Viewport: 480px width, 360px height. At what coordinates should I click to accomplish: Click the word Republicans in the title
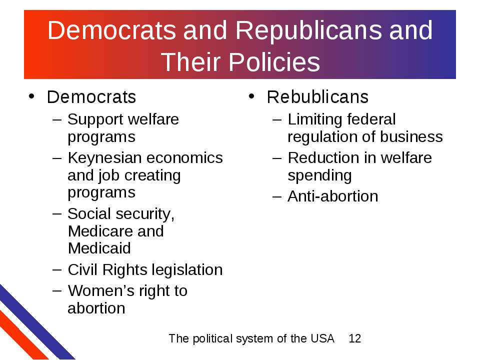click(x=308, y=31)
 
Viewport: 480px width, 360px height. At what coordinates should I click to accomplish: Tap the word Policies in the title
click(x=274, y=62)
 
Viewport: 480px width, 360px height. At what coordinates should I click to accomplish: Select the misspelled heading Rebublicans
click(x=317, y=97)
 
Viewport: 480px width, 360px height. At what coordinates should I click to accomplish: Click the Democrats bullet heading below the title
click(x=91, y=97)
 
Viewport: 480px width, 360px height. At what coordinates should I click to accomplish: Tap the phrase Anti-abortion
click(x=333, y=196)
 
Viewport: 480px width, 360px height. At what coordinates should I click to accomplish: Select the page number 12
click(x=355, y=338)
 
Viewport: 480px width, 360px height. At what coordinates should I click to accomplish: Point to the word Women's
click(x=101, y=290)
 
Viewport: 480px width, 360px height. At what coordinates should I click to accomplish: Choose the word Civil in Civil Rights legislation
click(x=82, y=269)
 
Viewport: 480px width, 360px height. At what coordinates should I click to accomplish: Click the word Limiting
click(x=314, y=120)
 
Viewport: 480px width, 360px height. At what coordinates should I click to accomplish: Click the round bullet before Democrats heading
click(x=31, y=96)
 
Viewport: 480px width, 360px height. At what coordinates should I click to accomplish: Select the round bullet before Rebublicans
click(x=251, y=96)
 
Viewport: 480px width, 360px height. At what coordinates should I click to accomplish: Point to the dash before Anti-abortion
click(x=276, y=197)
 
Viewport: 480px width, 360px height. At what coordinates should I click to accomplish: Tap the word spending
click(x=319, y=176)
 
